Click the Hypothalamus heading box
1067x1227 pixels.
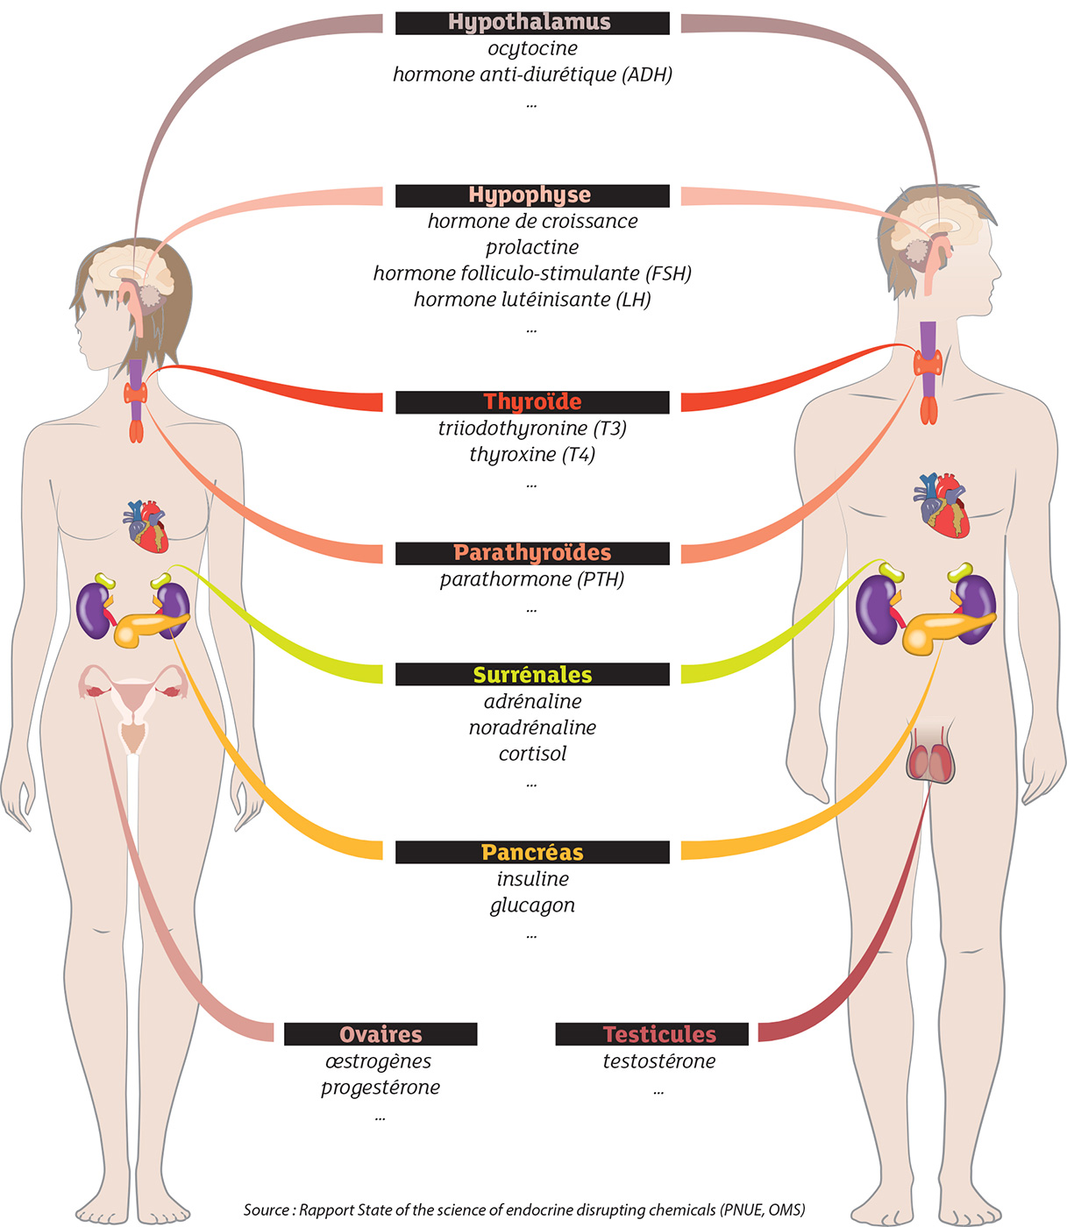click(531, 23)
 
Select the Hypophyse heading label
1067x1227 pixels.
click(531, 195)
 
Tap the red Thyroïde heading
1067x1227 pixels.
click(531, 402)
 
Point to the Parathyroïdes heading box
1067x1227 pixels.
click(531, 553)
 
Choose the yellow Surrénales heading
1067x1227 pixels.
click(531, 675)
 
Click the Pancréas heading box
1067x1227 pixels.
click(531, 852)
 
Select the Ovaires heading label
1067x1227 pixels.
click(381, 1034)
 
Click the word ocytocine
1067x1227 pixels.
click(532, 49)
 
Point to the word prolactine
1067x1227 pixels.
click(532, 247)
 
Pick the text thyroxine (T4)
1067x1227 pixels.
click(532, 455)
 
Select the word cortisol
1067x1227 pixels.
click(532, 754)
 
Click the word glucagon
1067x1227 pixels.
click(532, 905)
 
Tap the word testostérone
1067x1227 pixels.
click(658, 1061)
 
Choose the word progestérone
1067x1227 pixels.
click(381, 1088)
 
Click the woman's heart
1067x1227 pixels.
click(147, 526)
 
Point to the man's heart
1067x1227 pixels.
click(942, 505)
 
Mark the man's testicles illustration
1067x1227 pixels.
click(929, 759)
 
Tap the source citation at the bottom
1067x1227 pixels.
click(524, 1209)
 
